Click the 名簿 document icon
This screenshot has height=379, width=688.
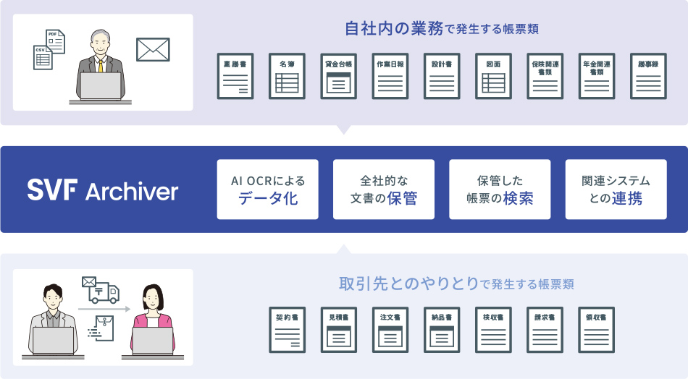click(x=287, y=76)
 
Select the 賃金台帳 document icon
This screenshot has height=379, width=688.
click(x=338, y=76)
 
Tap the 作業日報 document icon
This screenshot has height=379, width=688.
click(x=390, y=76)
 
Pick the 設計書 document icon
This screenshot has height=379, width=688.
click(x=442, y=76)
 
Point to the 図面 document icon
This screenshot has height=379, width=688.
click(x=494, y=76)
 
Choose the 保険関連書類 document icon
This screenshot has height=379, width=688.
click(x=545, y=76)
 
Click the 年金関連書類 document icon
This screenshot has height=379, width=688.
click(x=597, y=76)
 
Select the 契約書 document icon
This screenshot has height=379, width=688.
click(x=287, y=330)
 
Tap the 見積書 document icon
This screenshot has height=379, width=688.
click(x=338, y=330)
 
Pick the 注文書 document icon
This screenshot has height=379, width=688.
click(x=390, y=330)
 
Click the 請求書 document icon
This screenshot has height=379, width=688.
click(x=545, y=330)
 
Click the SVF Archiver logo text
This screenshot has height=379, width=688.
click(x=102, y=190)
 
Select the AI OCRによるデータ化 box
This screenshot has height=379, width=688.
click(x=268, y=189)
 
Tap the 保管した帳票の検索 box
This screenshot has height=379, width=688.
click(x=500, y=189)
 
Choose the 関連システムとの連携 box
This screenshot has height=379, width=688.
click(x=616, y=189)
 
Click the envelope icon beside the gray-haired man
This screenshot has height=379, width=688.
click(x=153, y=50)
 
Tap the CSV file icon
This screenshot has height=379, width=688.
click(x=43, y=57)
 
